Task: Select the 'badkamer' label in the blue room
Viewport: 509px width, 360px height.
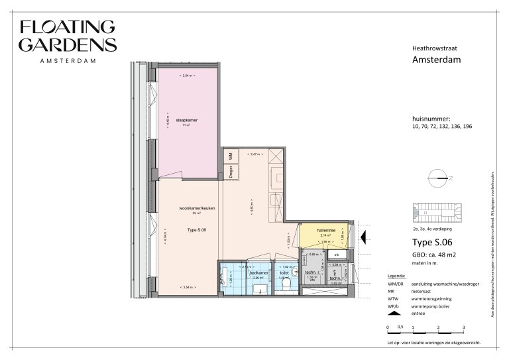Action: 258,273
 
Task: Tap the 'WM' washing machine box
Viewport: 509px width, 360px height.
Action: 230,156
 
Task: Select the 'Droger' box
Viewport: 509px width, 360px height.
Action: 230,171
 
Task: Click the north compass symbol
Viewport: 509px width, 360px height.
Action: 438,177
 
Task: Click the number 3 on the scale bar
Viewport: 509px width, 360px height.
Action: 463,328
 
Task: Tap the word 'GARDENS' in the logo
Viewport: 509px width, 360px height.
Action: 68,44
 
